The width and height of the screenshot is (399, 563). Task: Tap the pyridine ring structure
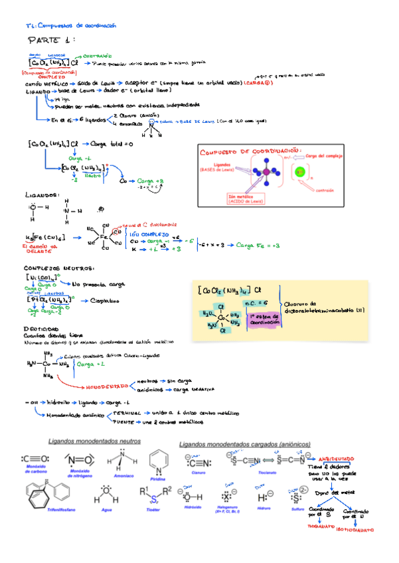tap(158, 460)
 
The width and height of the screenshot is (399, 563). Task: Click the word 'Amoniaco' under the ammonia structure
tap(117, 476)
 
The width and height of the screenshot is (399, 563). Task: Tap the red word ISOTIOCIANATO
tap(356, 530)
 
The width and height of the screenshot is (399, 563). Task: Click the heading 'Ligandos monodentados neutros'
tap(94, 441)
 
